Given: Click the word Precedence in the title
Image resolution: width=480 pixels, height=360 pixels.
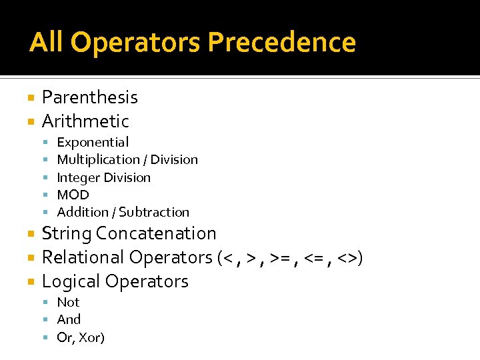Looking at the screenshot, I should pyautogui.click(x=281, y=42).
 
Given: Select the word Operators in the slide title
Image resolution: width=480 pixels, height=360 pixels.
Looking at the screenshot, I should pyautogui.click(x=137, y=42).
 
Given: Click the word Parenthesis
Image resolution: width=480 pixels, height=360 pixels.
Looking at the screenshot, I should pyautogui.click(x=90, y=97).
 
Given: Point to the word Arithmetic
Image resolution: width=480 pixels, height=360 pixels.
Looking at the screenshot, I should pyautogui.click(x=85, y=121).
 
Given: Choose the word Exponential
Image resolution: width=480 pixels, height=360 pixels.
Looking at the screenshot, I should pyautogui.click(x=93, y=142).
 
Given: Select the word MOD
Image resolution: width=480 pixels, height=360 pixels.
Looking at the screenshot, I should pyautogui.click(x=73, y=195).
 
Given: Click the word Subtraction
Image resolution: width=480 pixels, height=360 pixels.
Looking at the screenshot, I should pyautogui.click(x=154, y=212).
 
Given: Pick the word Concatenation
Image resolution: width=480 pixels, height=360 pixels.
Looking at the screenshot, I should pyautogui.click(x=156, y=233).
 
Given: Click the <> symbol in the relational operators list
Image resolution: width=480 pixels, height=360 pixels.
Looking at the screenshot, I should pyautogui.click(x=348, y=258).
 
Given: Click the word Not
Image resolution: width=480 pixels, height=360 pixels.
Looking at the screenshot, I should pyautogui.click(x=68, y=302).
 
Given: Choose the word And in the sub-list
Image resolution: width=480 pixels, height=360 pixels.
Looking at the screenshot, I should pyautogui.click(x=69, y=319).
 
